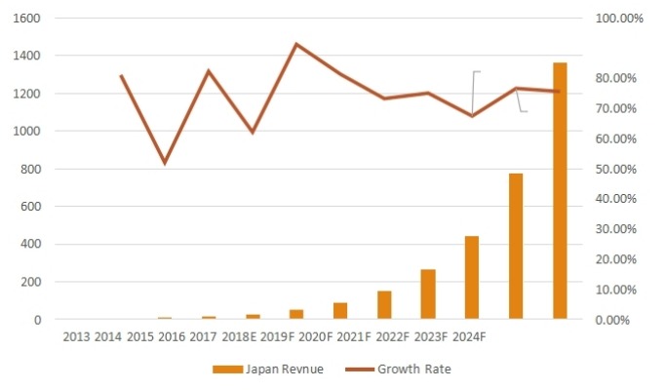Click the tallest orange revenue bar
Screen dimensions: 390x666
coord(560,191)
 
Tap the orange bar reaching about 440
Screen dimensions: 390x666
coord(472,278)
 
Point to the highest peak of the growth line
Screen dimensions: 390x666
coord(296,44)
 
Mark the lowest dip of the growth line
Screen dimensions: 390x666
coord(165,163)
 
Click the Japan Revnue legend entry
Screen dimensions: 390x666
coord(268,369)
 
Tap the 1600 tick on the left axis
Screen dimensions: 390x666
coord(27,19)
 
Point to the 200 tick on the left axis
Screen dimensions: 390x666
coord(30,282)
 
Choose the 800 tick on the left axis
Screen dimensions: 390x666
coord(30,169)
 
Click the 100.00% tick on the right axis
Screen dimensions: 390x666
coord(618,19)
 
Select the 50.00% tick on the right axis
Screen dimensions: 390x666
coord(615,169)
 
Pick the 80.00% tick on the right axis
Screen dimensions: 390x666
coord(615,78)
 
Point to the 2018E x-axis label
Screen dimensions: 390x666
coord(238,337)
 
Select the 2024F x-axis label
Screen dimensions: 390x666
coord(464,337)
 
